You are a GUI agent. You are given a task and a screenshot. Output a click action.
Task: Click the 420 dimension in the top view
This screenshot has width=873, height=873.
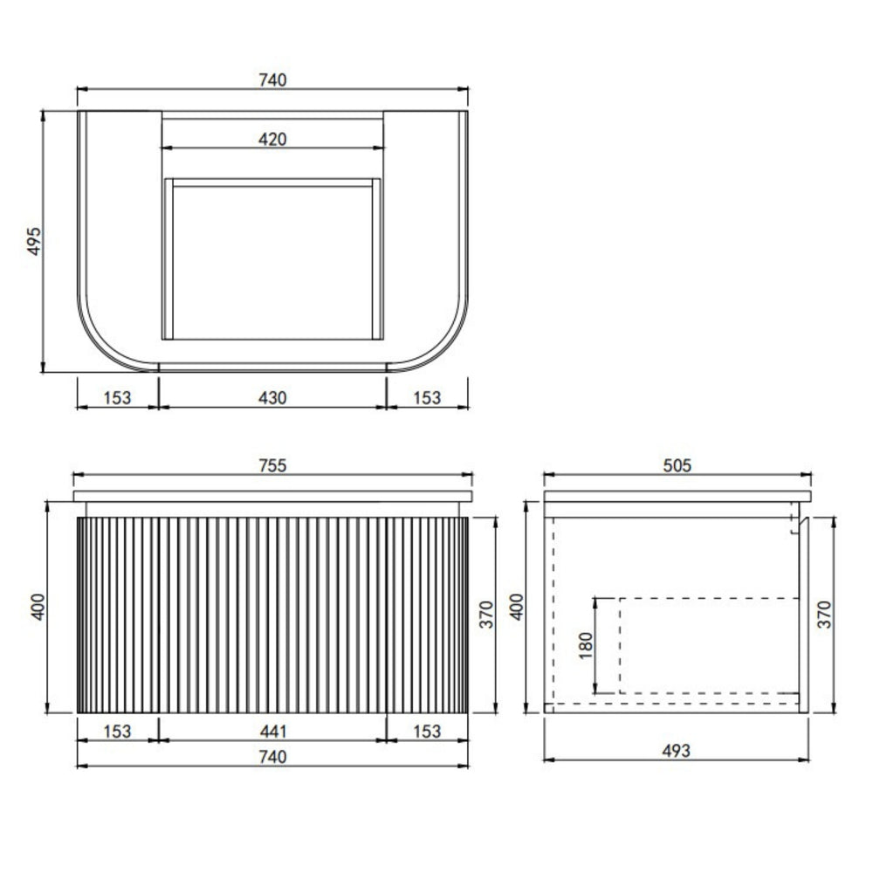[272, 139]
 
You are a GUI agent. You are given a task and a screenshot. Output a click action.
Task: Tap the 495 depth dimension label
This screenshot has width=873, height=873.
[34, 241]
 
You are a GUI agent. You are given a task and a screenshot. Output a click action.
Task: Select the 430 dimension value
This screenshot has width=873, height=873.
[272, 397]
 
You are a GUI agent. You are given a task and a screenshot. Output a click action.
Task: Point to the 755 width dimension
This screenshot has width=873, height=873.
[272, 465]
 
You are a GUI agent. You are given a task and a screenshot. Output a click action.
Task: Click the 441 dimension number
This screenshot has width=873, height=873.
[272, 731]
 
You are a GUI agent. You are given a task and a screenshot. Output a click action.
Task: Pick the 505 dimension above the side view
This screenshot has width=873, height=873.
[677, 465]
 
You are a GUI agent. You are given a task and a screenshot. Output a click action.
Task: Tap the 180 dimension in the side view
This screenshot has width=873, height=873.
[586, 645]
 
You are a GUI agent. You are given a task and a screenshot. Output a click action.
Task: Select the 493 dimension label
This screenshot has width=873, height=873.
[677, 751]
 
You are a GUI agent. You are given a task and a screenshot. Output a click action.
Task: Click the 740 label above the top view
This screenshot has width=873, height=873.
[272, 79]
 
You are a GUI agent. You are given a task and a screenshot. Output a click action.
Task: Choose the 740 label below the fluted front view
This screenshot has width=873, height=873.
[272, 757]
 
